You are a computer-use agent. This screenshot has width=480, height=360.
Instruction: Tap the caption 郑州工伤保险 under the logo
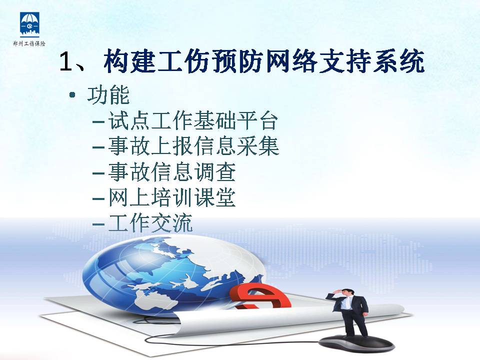29,44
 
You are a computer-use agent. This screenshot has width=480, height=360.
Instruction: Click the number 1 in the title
66,62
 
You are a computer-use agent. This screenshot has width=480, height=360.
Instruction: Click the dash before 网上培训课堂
98,198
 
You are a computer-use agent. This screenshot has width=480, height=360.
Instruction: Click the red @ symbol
260,296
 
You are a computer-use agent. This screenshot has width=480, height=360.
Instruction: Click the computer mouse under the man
356,343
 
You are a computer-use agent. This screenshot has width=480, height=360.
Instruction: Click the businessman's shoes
357,336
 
